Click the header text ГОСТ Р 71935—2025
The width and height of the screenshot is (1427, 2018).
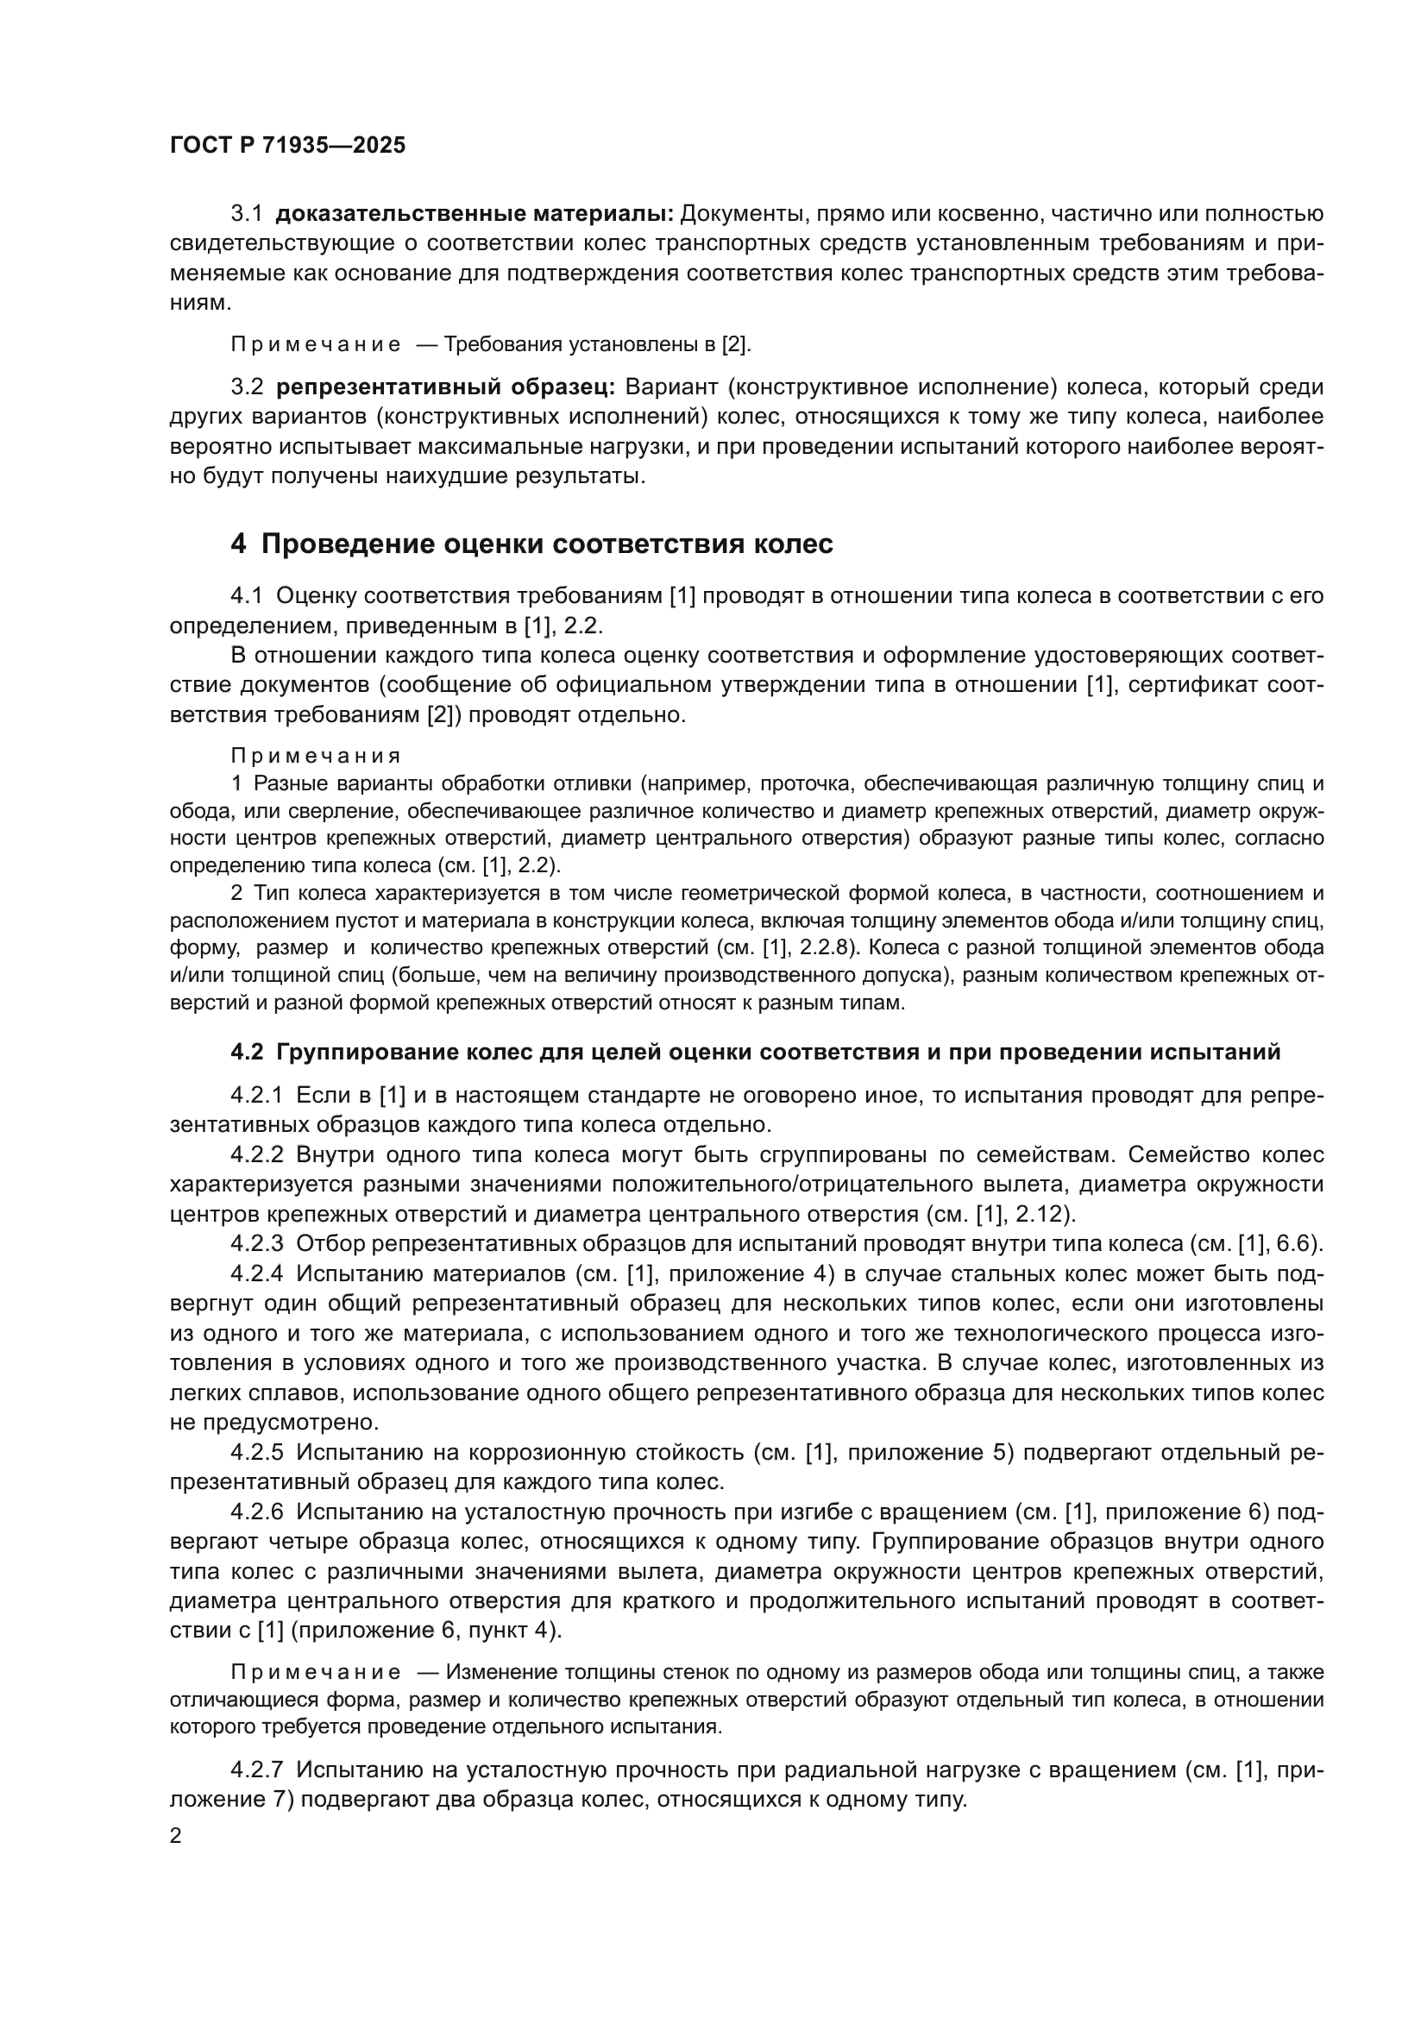[287, 146]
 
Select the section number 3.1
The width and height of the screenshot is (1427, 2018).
[247, 214]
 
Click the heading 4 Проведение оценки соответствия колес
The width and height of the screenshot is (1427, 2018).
[531, 544]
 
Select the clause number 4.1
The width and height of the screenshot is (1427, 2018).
[247, 596]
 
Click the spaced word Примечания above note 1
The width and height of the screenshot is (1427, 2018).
[316, 756]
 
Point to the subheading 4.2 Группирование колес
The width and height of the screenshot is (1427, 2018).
[755, 1052]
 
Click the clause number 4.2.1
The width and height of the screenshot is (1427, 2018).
[256, 1096]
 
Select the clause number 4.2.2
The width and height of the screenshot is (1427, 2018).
[256, 1155]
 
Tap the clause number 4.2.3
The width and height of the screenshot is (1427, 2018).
[256, 1244]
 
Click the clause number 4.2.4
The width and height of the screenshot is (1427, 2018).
[256, 1273]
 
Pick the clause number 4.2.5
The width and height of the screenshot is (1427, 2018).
[256, 1451]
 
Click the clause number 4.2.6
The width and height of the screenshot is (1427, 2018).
[256, 1512]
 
